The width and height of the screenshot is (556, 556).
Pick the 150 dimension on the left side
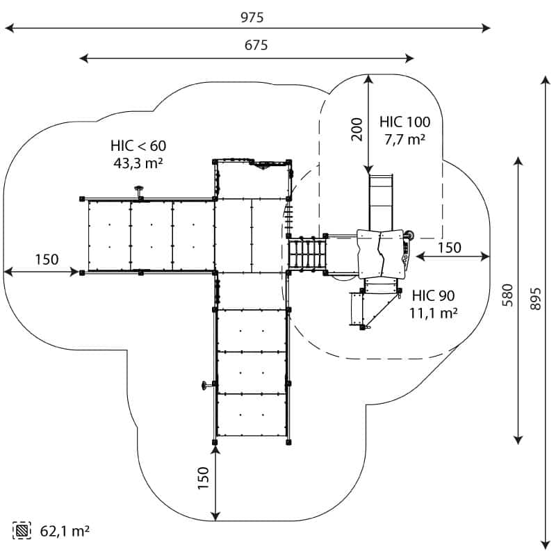[47, 260]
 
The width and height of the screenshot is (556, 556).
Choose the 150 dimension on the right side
[449, 247]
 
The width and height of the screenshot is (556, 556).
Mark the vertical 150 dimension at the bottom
[203, 478]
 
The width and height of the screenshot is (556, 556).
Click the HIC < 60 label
[138, 146]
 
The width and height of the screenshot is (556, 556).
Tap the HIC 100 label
[404, 122]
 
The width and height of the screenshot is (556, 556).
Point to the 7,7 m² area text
[404, 139]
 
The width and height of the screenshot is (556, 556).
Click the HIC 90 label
[432, 295]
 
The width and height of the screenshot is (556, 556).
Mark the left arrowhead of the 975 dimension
[10, 28]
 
